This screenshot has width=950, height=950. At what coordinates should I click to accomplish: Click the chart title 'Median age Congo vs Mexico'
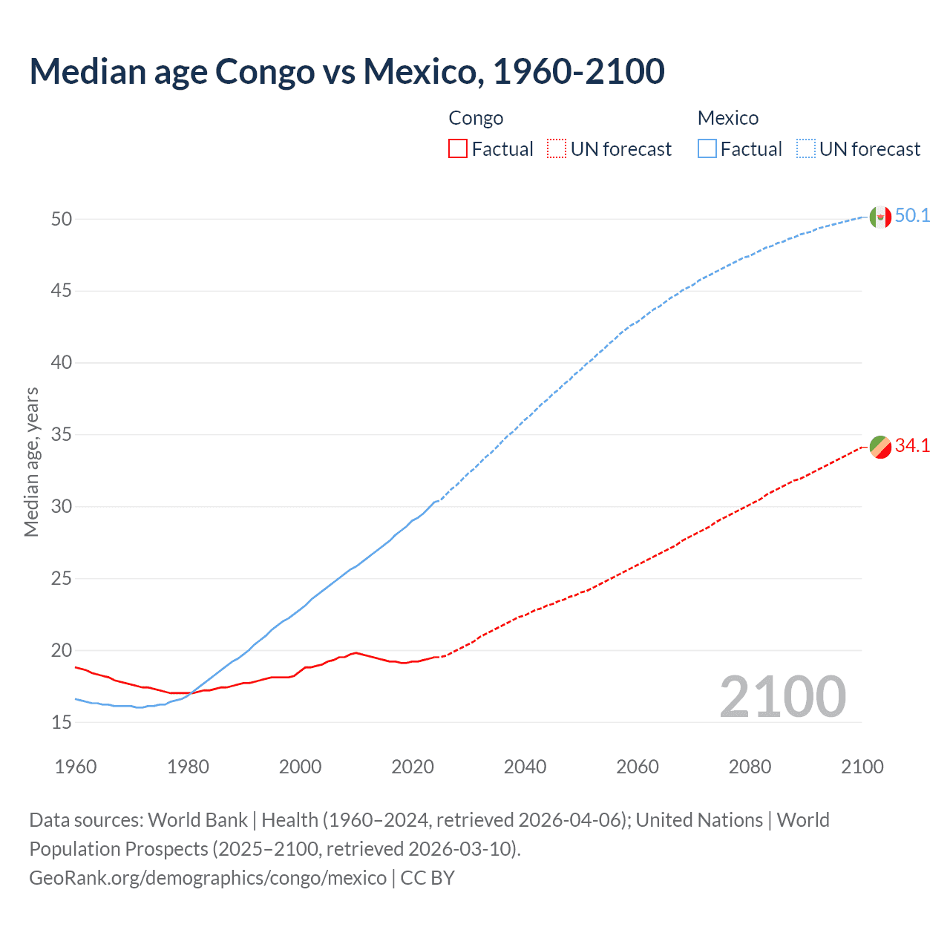tap(347, 71)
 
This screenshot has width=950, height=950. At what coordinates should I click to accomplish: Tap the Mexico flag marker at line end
tap(880, 217)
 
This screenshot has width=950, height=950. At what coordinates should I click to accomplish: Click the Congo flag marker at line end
tap(880, 448)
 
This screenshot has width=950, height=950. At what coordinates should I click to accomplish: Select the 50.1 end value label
tap(912, 216)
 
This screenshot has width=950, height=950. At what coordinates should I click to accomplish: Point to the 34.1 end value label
tap(912, 446)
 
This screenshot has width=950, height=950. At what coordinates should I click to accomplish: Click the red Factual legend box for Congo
tap(458, 149)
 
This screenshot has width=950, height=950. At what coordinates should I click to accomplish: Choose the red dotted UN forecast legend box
tap(557, 149)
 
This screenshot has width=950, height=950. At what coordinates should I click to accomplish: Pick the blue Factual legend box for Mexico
tap(707, 149)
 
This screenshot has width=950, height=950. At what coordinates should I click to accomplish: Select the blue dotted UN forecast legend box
tap(806, 149)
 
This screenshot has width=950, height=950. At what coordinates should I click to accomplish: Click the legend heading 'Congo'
tap(476, 118)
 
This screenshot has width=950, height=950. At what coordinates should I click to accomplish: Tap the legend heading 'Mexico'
tap(727, 118)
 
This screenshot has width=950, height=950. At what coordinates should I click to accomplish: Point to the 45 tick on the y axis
tap(62, 291)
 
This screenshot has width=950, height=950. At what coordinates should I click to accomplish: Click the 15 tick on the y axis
tap(62, 722)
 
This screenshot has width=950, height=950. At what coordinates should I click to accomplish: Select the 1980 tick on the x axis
tap(188, 767)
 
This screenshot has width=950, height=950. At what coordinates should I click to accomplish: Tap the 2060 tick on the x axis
tap(638, 767)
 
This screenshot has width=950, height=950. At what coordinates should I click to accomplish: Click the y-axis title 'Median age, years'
tap(31, 462)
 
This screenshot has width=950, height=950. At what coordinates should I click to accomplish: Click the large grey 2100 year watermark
tap(782, 697)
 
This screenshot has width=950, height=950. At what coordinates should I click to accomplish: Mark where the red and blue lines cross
tap(191, 693)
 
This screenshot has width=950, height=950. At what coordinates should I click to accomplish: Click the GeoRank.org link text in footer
tap(208, 878)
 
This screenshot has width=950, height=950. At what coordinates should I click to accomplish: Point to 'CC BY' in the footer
tap(427, 878)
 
